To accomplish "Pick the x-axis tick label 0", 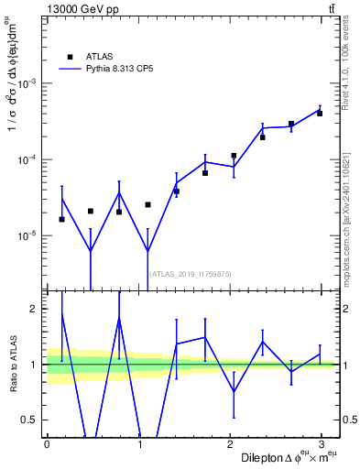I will [47, 444].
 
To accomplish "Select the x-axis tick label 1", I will [138, 444].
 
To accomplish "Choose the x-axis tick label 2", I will [229, 444].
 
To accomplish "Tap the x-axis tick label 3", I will [321, 444].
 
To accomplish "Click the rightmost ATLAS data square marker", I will [320, 113].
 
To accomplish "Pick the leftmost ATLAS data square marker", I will [61, 219].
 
